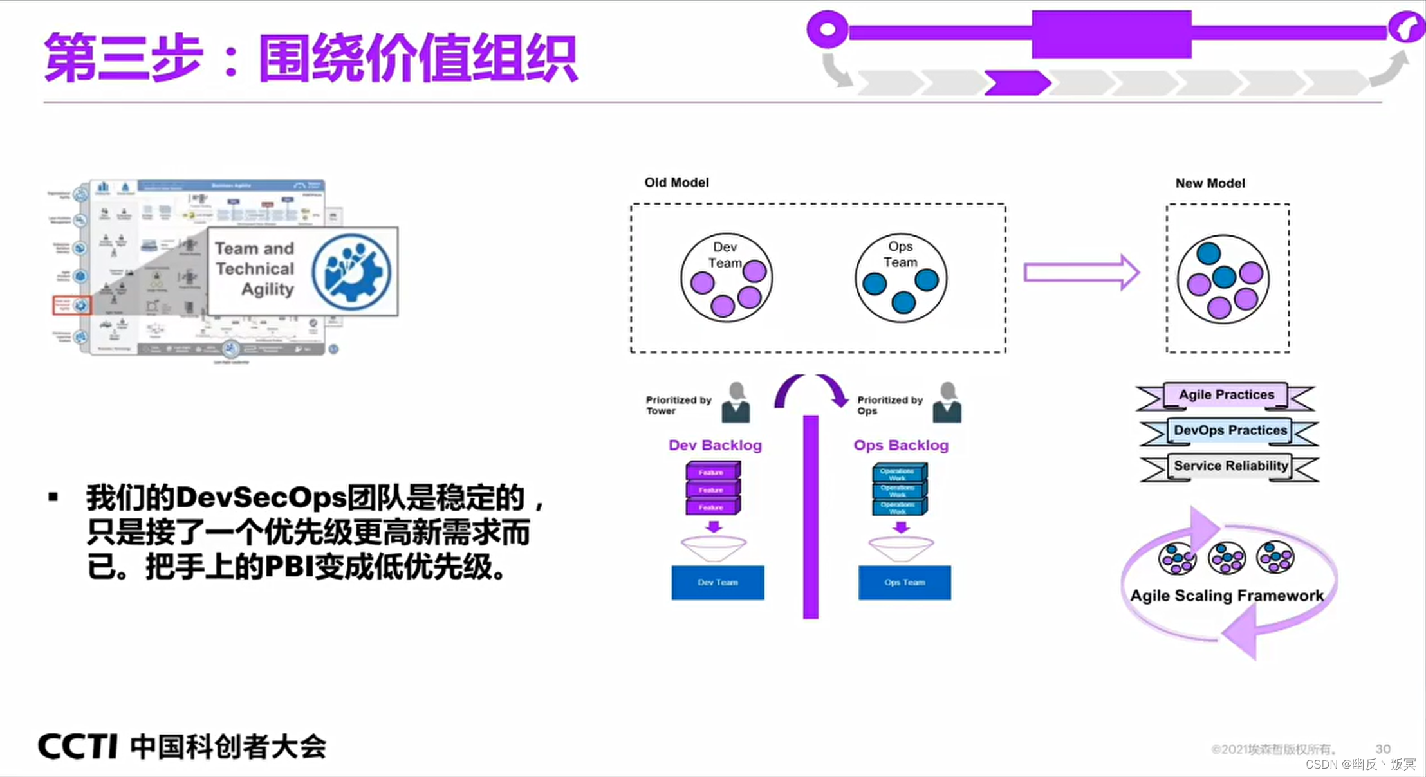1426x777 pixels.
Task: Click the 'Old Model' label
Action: click(676, 183)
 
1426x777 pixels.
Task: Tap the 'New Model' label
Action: click(1210, 183)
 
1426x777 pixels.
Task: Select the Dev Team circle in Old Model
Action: click(727, 278)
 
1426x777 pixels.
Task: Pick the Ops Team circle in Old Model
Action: click(901, 278)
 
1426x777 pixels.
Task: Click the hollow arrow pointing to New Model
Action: click(1082, 272)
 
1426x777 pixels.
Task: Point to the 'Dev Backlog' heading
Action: click(715, 445)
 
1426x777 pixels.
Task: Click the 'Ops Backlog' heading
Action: click(901, 445)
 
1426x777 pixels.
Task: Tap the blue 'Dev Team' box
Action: click(718, 583)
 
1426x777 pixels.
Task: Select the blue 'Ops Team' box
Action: click(904, 583)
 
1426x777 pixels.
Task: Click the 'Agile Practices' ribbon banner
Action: click(1226, 395)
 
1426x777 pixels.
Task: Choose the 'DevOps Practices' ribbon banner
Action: click(1230, 430)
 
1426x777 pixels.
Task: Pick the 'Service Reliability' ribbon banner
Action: click(1230, 466)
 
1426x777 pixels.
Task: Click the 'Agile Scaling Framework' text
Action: click(1227, 596)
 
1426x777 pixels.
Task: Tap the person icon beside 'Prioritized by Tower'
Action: click(736, 403)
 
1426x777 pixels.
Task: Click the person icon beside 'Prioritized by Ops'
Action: click(947, 403)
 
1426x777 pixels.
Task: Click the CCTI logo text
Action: click(78, 747)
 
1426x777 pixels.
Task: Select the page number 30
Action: click(1383, 749)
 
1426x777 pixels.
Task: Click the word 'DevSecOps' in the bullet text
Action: click(261, 498)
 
